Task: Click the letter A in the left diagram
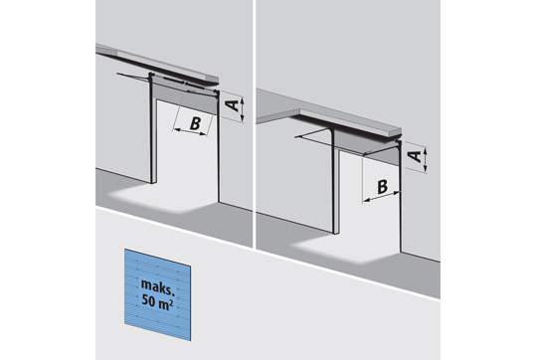coord(233,104)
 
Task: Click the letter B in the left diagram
coord(195,123)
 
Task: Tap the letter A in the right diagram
coord(416,156)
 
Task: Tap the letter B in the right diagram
coord(383,187)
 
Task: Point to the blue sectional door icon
coord(157,294)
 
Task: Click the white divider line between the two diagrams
coord(255,124)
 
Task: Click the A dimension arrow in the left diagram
coord(242,109)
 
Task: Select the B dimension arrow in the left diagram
coord(190,131)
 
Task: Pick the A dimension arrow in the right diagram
coord(425,160)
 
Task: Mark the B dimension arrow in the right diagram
coord(381,197)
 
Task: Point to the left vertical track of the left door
coord(150,129)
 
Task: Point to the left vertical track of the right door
coord(332,182)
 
